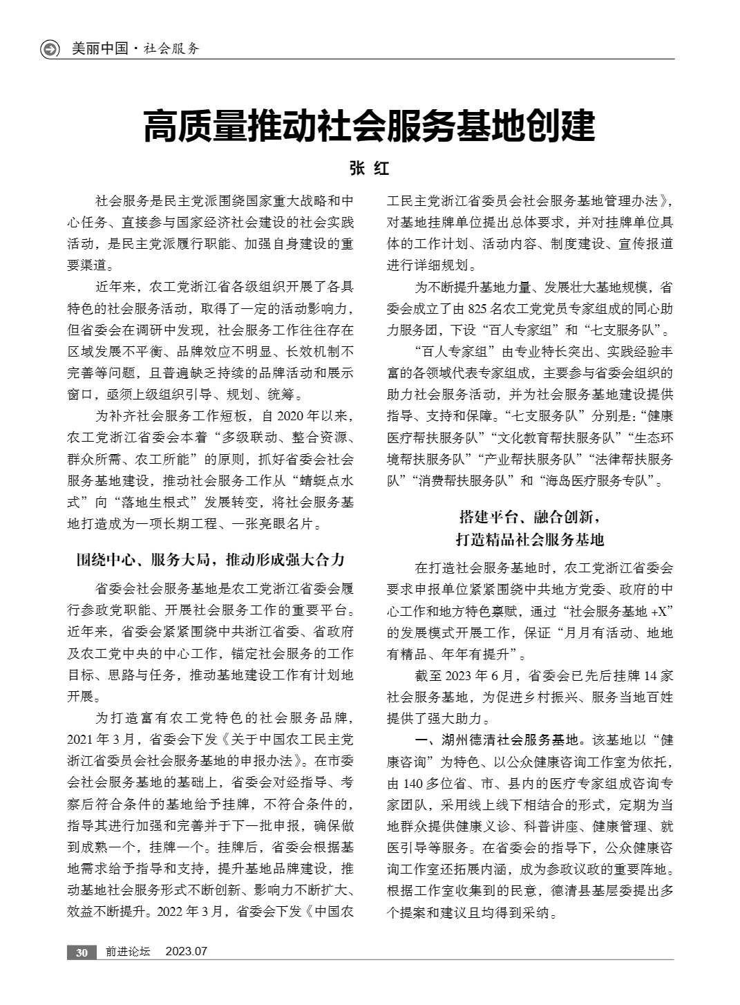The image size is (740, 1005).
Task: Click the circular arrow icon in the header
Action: pos(50,49)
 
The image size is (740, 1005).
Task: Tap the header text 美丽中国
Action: pos(99,49)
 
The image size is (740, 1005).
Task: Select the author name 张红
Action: pos(370,169)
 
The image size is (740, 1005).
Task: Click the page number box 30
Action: pos(82,952)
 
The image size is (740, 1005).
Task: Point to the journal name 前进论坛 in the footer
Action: pos(127,952)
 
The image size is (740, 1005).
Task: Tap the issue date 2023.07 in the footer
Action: pos(187,952)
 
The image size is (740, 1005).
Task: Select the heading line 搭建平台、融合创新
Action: pos(529,516)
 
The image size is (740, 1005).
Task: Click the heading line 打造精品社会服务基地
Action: pos(529,539)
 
